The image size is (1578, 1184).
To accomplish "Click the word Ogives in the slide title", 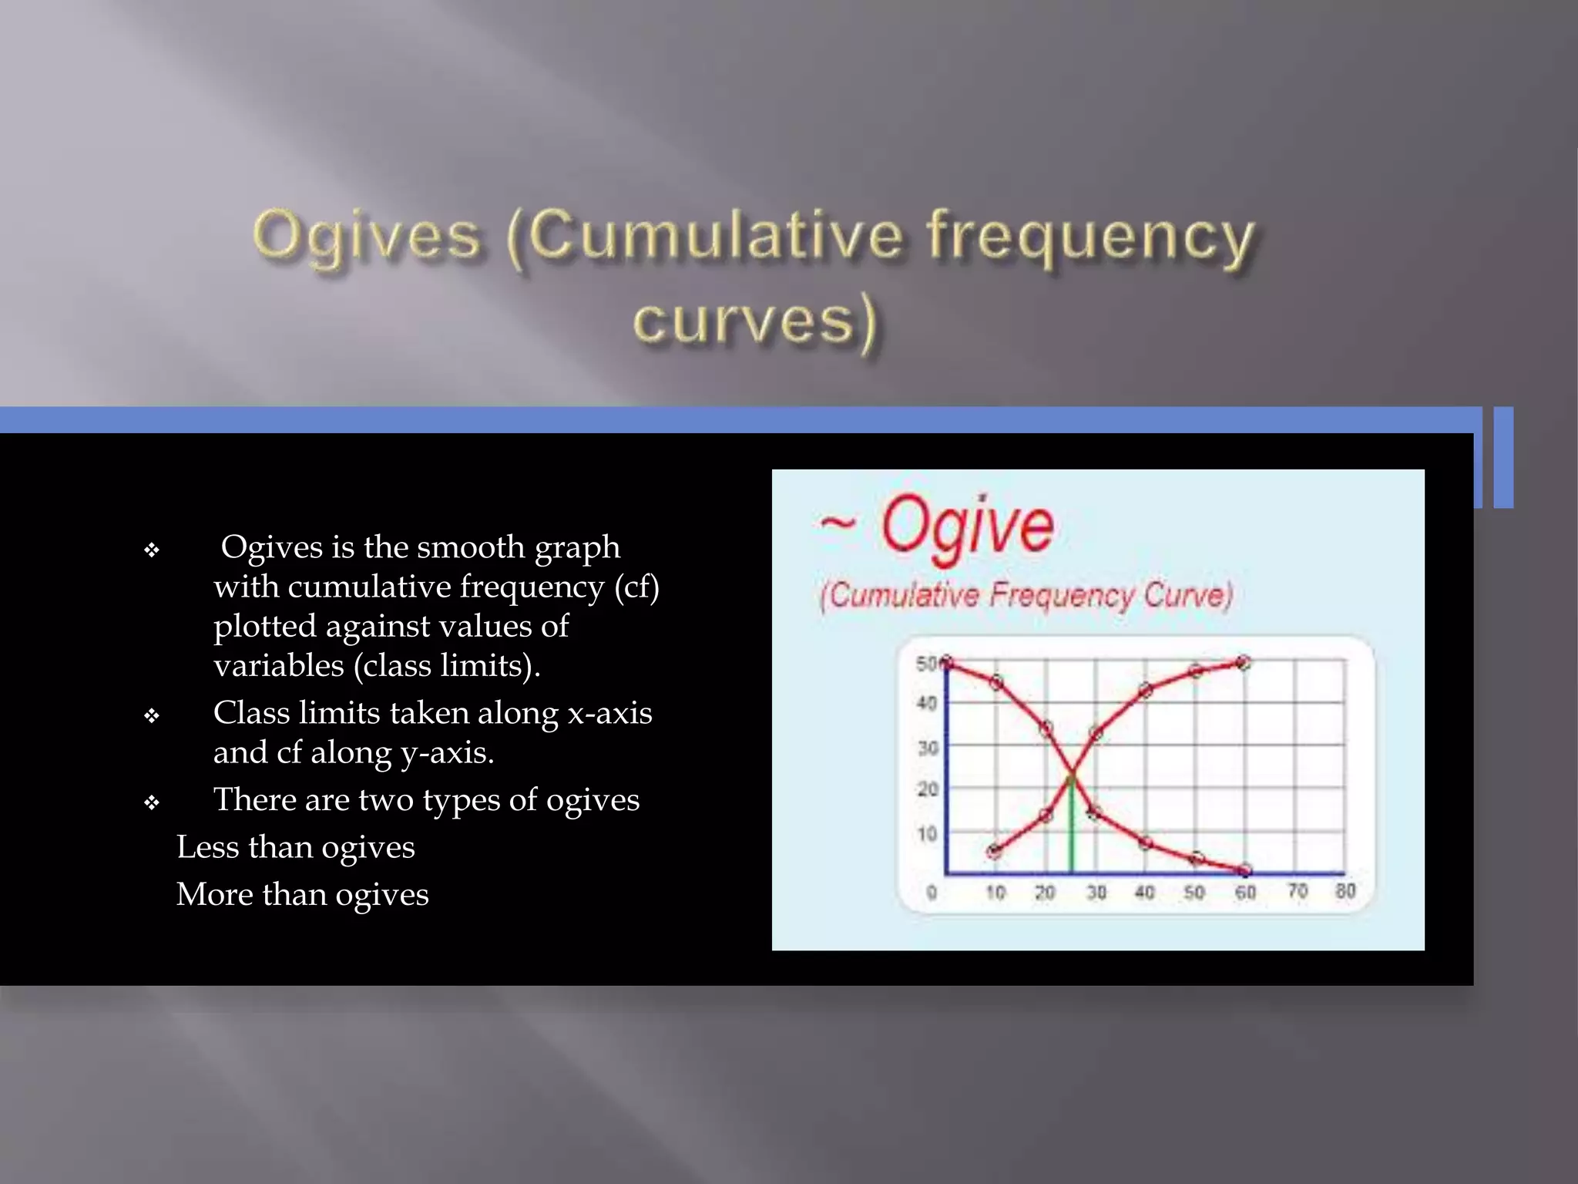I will point(367,235).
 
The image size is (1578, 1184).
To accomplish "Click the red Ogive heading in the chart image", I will point(966,526).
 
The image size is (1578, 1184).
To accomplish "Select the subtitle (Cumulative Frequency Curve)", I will point(1026,596).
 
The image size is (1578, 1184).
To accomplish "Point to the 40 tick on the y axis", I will point(926,703).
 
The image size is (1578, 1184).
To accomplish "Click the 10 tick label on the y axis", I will point(926,834).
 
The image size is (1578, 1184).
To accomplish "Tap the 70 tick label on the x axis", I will point(1298,891).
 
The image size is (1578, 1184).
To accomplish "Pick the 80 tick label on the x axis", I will point(1345,891).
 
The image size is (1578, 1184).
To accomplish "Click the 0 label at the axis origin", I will point(932,893).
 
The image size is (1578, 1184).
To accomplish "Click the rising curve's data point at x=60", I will point(1243,663).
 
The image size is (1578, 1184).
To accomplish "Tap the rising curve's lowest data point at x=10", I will point(994,851).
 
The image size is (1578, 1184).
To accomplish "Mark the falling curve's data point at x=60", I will point(1245,871).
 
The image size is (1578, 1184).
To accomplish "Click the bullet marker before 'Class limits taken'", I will point(152,716).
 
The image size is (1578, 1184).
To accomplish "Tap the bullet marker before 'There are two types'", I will point(152,803).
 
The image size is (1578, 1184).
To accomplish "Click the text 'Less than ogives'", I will point(295,847).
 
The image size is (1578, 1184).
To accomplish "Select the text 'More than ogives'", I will point(302,895).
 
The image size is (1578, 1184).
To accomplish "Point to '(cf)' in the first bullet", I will point(636,587).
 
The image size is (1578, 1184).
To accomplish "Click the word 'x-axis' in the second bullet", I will point(609,713).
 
